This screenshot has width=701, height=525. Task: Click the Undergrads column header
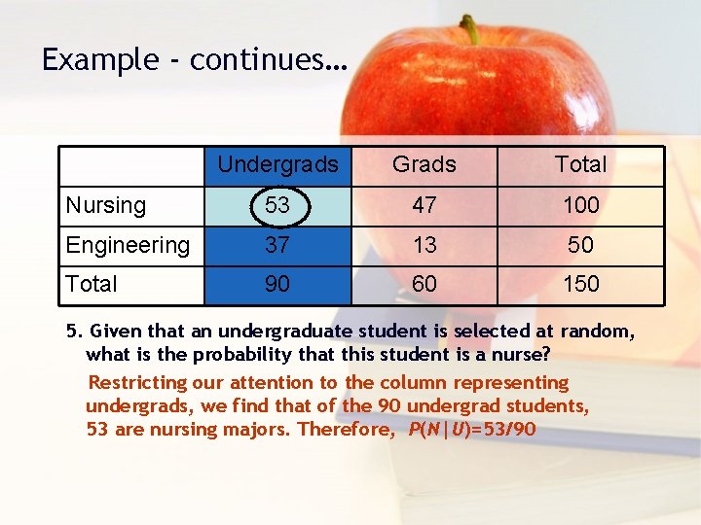click(x=277, y=164)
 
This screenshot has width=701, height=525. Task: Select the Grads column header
click(x=424, y=164)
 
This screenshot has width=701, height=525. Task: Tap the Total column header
click(x=580, y=164)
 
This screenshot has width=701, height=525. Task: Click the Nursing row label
click(x=106, y=205)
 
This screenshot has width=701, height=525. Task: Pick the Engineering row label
click(x=128, y=245)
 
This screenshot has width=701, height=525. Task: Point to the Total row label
click(x=92, y=284)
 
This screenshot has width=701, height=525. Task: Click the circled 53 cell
click(x=277, y=205)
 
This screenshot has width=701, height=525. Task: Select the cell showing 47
click(x=424, y=205)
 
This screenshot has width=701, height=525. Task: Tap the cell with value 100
click(x=580, y=205)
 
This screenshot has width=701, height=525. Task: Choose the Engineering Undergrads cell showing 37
click(x=277, y=245)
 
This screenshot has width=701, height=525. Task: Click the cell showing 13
click(x=424, y=245)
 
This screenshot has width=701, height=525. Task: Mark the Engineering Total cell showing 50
click(x=580, y=245)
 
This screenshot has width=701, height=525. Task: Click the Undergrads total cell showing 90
click(x=277, y=284)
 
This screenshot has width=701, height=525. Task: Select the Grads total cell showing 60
click(x=424, y=284)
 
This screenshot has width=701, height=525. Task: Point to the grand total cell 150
click(x=580, y=284)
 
